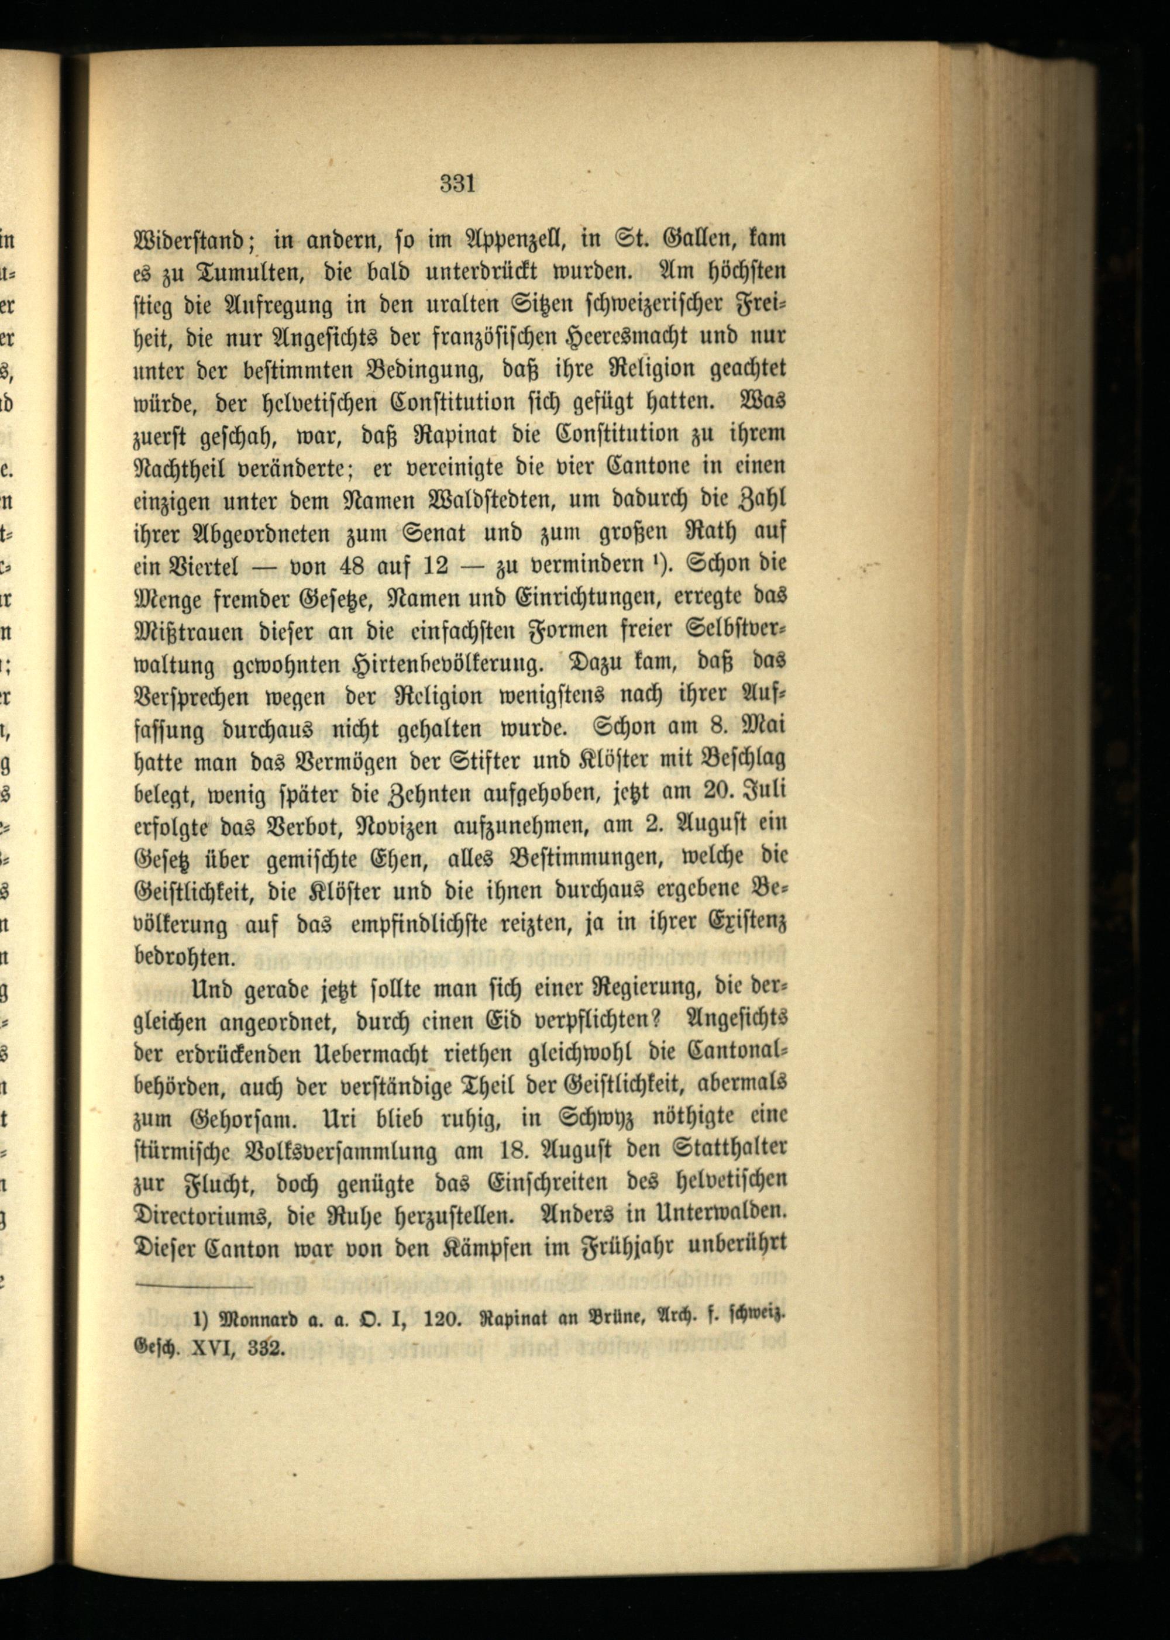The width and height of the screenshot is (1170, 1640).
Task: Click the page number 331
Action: pos(457,184)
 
